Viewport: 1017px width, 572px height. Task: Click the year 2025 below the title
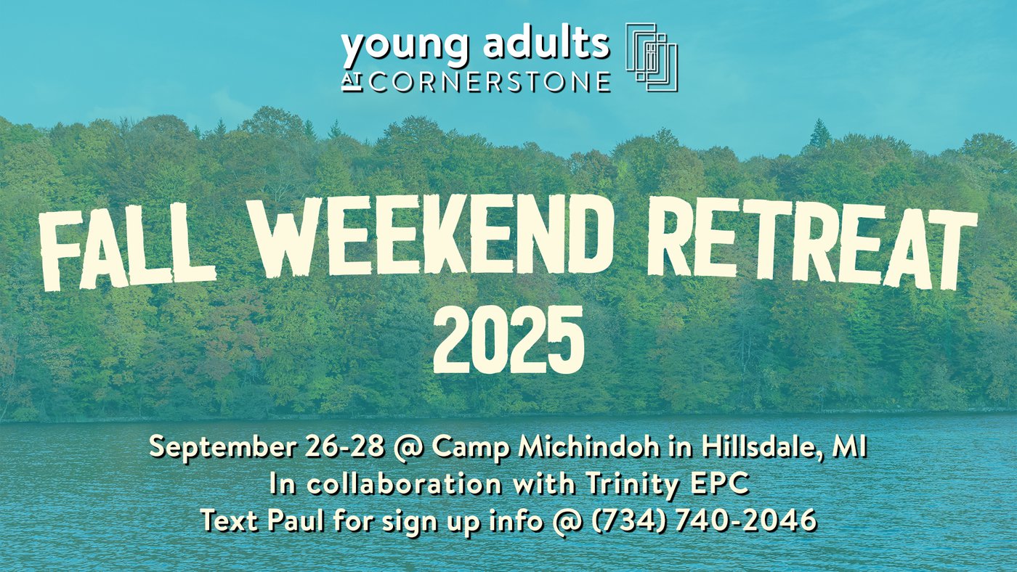coord(508,339)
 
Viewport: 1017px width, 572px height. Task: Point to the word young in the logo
coord(404,46)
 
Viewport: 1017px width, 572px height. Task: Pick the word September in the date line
coord(222,448)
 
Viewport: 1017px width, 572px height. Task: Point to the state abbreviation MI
coord(849,447)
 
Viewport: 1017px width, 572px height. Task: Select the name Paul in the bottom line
coord(296,520)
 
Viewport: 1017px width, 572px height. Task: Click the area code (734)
coord(629,520)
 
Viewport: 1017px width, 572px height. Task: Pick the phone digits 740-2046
coord(746,520)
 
